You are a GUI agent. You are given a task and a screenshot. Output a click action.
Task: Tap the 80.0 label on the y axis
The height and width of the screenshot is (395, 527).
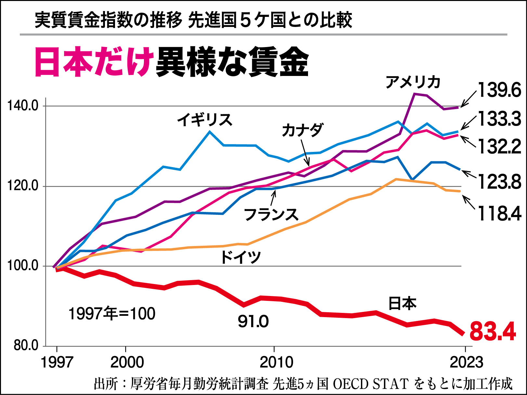pos(26,345)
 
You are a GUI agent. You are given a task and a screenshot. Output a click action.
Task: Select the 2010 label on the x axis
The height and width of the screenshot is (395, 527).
pos(276,362)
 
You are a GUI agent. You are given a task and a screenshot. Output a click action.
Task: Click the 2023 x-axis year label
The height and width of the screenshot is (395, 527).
pos(466,362)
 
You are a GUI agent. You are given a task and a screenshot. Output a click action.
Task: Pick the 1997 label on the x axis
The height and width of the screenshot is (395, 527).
pos(57,362)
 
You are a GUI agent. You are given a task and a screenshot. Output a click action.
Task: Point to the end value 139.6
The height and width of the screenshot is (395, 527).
pos(499,90)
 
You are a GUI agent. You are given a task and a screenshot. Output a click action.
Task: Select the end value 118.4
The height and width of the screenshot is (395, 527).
pos(499,214)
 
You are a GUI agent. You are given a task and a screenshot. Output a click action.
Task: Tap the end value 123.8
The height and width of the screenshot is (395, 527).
pos(499,181)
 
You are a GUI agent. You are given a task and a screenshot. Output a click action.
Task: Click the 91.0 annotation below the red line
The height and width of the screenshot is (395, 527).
pos(253,321)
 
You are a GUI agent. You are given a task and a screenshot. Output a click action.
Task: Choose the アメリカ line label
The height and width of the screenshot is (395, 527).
pos(413,82)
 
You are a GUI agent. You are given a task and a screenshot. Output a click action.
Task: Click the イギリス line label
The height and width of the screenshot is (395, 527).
pos(205,120)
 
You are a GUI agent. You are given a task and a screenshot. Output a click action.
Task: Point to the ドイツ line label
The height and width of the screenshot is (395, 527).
pos(241,257)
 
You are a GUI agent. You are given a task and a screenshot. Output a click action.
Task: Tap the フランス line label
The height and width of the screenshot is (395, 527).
pos(271,214)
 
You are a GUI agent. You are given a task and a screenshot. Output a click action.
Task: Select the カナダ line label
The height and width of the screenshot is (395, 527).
pos(302,130)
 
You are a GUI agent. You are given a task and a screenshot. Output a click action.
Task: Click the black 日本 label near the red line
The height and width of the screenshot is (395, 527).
pos(402,304)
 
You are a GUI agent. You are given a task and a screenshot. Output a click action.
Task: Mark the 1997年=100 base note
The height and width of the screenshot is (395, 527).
pos(112,314)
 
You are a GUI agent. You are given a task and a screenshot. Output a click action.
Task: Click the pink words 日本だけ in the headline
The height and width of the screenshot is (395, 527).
pos(94,62)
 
